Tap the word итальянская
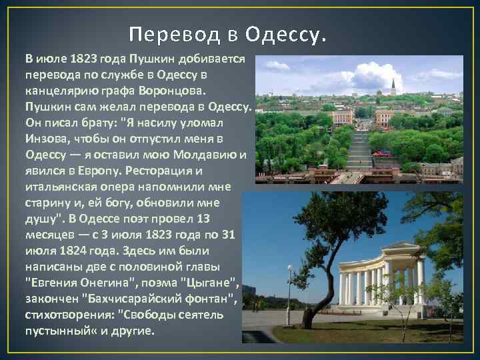click(62, 187)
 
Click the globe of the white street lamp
click(289, 269)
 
